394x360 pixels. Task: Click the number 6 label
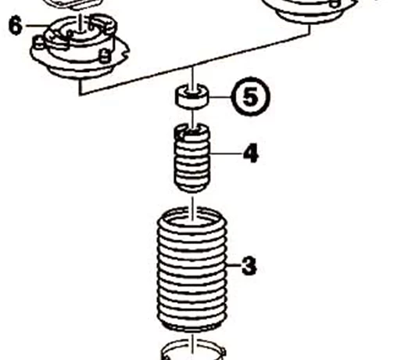pyautogui.click(x=16, y=26)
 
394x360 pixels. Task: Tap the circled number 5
pyautogui.click(x=250, y=97)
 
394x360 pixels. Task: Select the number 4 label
pyautogui.click(x=251, y=153)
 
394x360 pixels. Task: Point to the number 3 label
pyautogui.click(x=249, y=265)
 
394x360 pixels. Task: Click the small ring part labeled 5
pyautogui.click(x=192, y=97)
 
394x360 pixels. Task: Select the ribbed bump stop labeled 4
pyautogui.click(x=192, y=158)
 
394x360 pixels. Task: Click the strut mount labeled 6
pyautogui.click(x=80, y=47)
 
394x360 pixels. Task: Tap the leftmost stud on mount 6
pyautogui.click(x=39, y=43)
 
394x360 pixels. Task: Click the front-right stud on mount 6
pyautogui.click(x=105, y=56)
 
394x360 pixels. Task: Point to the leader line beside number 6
pyautogui.click(x=38, y=26)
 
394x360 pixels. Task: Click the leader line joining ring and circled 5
pyautogui.click(x=220, y=97)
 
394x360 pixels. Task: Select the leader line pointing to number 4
pyautogui.click(x=226, y=154)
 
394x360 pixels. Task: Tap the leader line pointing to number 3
pyautogui.click(x=234, y=265)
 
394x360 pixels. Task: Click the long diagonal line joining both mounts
pyautogui.click(x=195, y=63)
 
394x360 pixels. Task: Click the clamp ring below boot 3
pyautogui.click(x=192, y=350)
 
